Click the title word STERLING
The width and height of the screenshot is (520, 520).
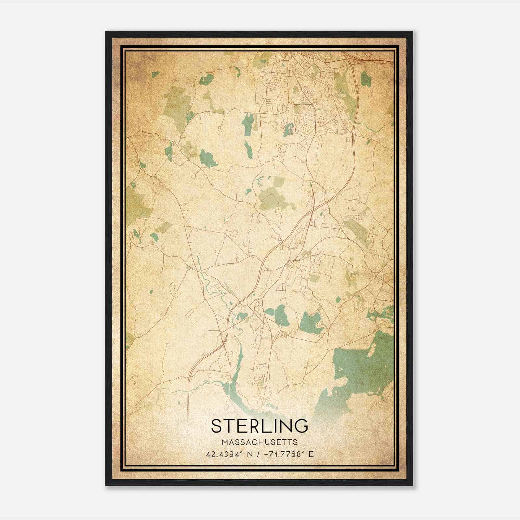pos(260,426)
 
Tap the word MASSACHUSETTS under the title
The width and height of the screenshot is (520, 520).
pos(260,442)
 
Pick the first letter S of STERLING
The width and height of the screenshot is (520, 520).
pos(217,426)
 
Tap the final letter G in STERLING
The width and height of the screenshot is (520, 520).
pos(301,426)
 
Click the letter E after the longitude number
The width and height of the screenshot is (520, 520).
pos(311,454)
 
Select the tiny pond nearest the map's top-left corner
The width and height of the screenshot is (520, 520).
pos(155,74)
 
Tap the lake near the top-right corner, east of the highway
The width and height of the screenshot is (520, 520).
pos(365,78)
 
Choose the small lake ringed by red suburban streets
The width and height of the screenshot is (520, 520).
pos(288,130)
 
